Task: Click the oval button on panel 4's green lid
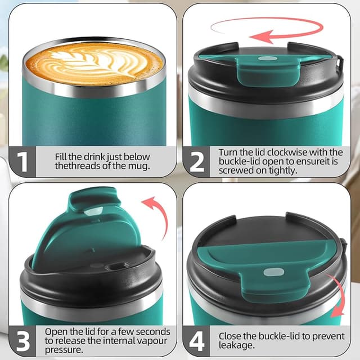pyautogui.click(x=273, y=272)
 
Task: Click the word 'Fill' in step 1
pyautogui.click(x=62, y=156)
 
